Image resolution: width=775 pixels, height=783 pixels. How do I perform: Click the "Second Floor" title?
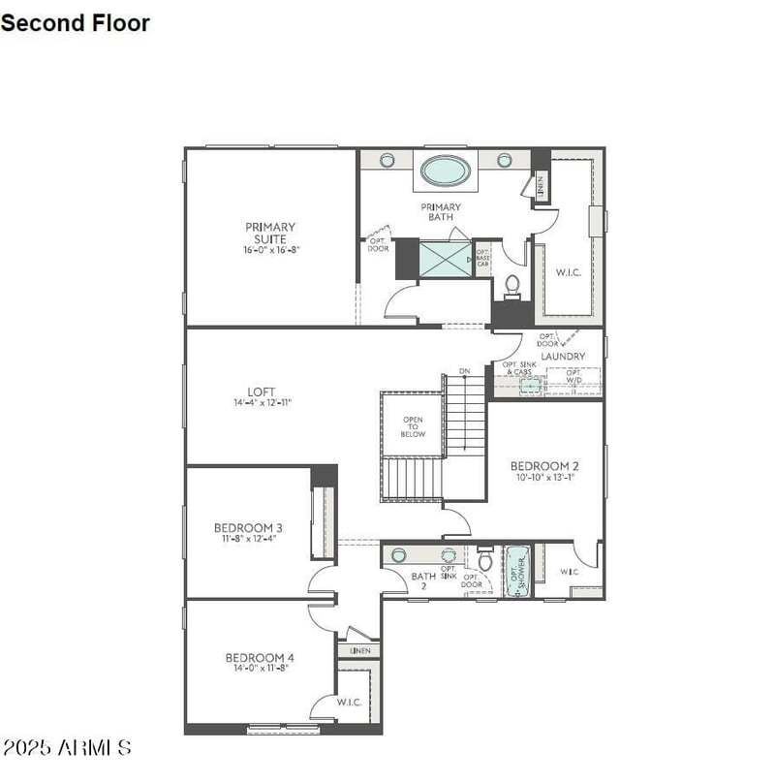coord(76,22)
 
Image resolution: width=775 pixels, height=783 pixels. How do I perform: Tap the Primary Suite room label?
coord(270,233)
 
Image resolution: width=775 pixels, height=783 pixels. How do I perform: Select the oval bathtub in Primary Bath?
coord(446,171)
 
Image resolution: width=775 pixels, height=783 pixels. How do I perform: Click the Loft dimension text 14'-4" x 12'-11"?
coord(262,402)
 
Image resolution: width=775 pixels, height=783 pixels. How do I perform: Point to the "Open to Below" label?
coord(414,426)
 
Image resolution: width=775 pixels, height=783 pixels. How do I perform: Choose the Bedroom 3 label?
coord(248,528)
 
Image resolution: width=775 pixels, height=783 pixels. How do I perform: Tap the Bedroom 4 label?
coord(260,658)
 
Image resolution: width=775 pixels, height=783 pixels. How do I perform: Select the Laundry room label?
coord(563,357)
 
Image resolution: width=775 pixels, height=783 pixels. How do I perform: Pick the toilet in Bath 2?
coord(486,561)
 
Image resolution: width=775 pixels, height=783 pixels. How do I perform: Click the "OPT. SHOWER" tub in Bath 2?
coord(516,573)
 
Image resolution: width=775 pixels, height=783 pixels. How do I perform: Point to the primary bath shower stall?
coord(446,260)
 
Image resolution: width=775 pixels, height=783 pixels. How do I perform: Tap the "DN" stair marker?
coord(465,371)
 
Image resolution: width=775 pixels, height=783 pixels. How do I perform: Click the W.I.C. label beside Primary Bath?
coord(568,272)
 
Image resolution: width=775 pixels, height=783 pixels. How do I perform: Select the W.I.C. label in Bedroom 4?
coord(349,702)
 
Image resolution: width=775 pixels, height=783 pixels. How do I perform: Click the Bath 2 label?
coord(423,580)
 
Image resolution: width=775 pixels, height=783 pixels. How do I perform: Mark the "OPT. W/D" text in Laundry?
coord(574,376)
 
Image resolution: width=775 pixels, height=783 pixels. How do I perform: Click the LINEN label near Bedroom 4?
coord(360,650)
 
